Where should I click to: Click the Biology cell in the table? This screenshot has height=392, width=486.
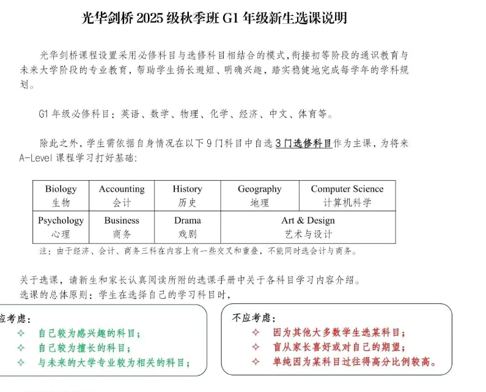pyautogui.click(x=61, y=195)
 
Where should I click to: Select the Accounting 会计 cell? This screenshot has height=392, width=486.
pyautogui.click(x=122, y=195)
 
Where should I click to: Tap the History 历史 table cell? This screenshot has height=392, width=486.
pyautogui.click(x=187, y=195)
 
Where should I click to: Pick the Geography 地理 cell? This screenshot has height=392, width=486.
pyautogui.click(x=259, y=195)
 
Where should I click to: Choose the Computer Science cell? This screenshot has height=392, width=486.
pyautogui.click(x=347, y=195)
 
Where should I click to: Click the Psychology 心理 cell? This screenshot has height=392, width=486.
pyautogui.click(x=61, y=227)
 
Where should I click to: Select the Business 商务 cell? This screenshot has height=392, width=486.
pyautogui.click(x=122, y=227)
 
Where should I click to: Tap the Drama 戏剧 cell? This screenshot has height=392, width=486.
pyautogui.click(x=187, y=227)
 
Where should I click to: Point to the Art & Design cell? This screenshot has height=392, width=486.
pyautogui.click(x=308, y=227)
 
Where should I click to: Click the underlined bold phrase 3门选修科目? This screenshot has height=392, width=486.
pyautogui.click(x=303, y=143)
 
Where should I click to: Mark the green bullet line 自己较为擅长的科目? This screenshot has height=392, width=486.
pyautogui.click(x=89, y=348)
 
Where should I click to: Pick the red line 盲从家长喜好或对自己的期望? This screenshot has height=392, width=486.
pyautogui.click(x=339, y=347)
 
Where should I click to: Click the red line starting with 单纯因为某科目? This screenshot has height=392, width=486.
pyautogui.click(x=355, y=361)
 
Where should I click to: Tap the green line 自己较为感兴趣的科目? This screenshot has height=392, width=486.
pyautogui.click(x=89, y=334)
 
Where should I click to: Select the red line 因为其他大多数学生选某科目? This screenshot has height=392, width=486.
pyautogui.click(x=339, y=333)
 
